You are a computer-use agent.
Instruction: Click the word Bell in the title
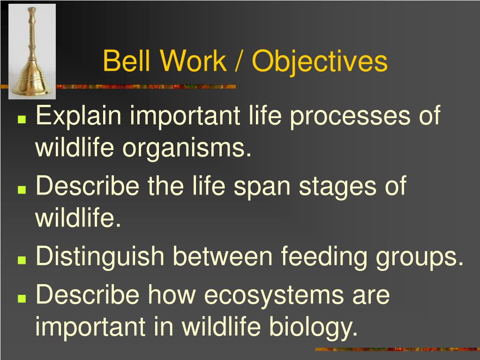tap(127, 60)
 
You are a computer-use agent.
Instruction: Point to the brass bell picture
tap(32, 52)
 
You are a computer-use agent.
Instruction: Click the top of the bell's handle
tap(31, 8)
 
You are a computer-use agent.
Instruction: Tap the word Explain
tap(78, 116)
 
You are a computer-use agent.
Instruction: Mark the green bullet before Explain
tap(22, 119)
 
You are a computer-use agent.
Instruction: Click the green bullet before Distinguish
tap(22, 260)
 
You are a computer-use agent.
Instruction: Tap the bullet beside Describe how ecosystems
tap(22, 298)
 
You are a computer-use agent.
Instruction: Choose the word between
tap(223, 256)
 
